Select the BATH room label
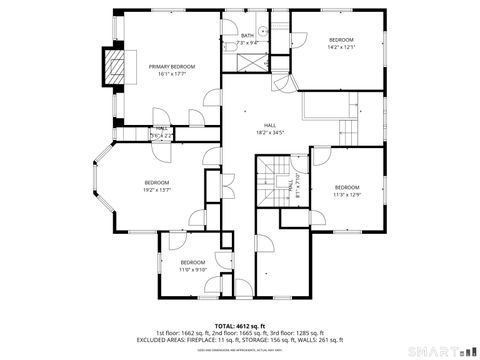[247, 36]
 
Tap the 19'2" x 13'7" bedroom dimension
[157, 189]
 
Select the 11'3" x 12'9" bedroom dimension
[346, 194]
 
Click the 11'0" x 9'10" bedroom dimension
[192, 269]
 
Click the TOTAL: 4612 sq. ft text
[239, 325]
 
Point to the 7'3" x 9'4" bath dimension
[248, 43]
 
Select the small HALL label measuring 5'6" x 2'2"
[160, 131]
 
